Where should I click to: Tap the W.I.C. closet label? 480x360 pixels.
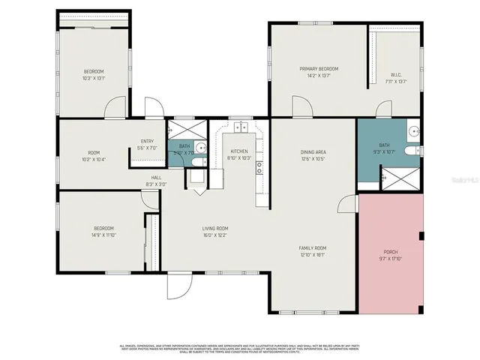coord(397,74)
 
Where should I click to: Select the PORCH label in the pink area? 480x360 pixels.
coord(391,251)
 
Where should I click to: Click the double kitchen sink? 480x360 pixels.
coord(239,127)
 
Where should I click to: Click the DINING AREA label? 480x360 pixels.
coord(313,151)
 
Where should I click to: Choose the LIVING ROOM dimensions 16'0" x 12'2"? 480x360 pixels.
coord(215,235)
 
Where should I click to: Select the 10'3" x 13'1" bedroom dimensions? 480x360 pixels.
coord(94,78)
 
